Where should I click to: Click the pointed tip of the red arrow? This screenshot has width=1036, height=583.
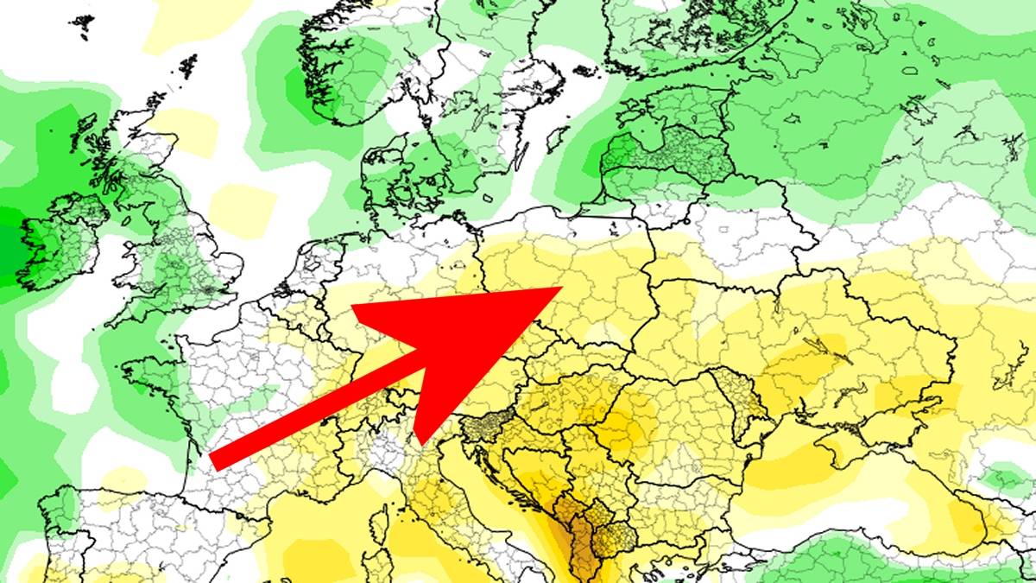pyautogui.click(x=561, y=288)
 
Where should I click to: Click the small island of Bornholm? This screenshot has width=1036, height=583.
pyautogui.click(x=495, y=200)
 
